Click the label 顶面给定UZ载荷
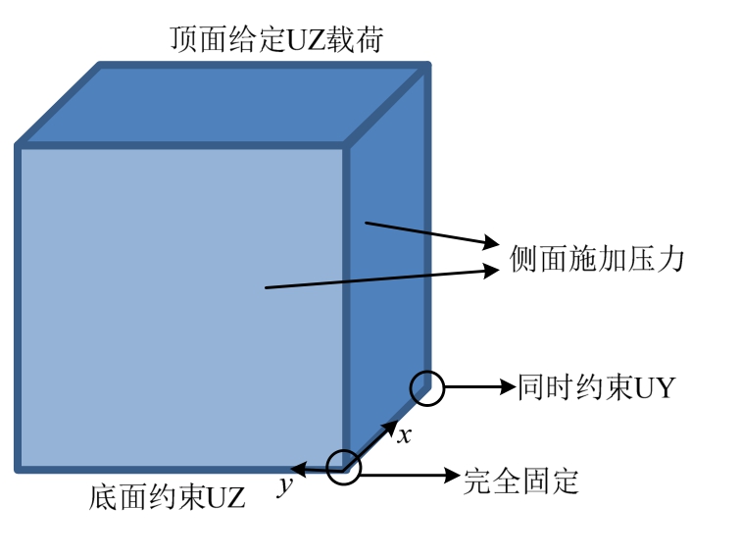pyautogui.click(x=276, y=38)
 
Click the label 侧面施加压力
pyautogui.click(x=597, y=259)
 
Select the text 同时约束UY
pyautogui.click(x=597, y=387)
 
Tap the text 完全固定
pyautogui.click(x=520, y=481)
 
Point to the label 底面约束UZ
pyautogui.click(x=167, y=496)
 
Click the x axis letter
pyautogui.click(x=404, y=435)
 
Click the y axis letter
pyautogui.click(x=285, y=485)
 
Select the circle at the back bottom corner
pyautogui.click(x=427, y=388)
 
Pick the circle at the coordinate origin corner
pyautogui.click(x=344, y=468)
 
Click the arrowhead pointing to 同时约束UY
pyautogui.click(x=508, y=387)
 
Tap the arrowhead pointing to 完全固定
pyautogui.click(x=452, y=475)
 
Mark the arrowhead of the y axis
pyautogui.click(x=298, y=469)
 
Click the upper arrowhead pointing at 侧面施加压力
pyautogui.click(x=491, y=242)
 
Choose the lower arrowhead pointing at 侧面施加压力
pyautogui.click(x=491, y=271)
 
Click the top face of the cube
pyautogui.click(x=222, y=104)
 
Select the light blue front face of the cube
pyautogui.click(x=181, y=307)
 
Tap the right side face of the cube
pyautogui.click(x=388, y=265)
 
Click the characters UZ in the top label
pyautogui.click(x=306, y=39)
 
